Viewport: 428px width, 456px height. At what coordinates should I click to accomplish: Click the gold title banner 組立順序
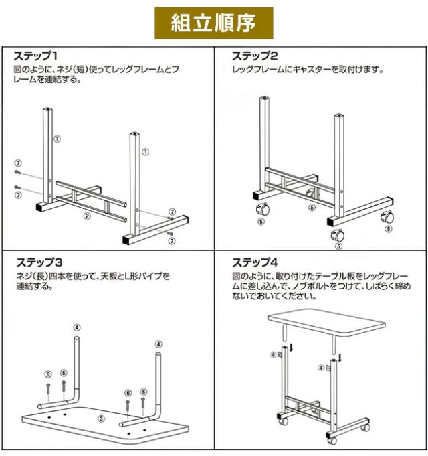(214, 23)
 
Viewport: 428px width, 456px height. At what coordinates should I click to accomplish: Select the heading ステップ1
(35, 56)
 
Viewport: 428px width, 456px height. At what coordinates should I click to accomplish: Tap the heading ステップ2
(255, 56)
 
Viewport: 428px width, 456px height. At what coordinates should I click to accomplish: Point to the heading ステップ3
(39, 262)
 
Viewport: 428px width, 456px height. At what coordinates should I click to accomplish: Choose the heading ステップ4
(255, 262)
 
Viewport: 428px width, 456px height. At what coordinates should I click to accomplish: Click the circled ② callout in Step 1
(87, 216)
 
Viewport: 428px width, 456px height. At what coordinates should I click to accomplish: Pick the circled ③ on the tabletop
(101, 419)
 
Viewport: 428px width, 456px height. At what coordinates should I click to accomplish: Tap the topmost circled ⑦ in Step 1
(18, 163)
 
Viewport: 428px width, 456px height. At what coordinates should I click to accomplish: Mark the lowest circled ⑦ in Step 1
(172, 241)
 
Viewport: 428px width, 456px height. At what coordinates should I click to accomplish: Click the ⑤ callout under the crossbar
(312, 208)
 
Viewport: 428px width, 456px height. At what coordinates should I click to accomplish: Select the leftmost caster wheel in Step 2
(263, 208)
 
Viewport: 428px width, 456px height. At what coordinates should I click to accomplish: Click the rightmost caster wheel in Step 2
(388, 217)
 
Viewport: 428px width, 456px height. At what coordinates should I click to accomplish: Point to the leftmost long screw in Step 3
(49, 388)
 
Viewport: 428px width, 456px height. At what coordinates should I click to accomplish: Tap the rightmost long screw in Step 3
(143, 403)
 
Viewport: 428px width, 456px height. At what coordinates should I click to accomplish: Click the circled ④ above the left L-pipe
(77, 327)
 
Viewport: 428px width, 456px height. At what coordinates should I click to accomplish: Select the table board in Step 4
(326, 322)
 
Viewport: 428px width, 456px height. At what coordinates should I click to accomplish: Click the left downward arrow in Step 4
(292, 347)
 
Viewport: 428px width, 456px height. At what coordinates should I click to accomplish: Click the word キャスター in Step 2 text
(312, 70)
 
